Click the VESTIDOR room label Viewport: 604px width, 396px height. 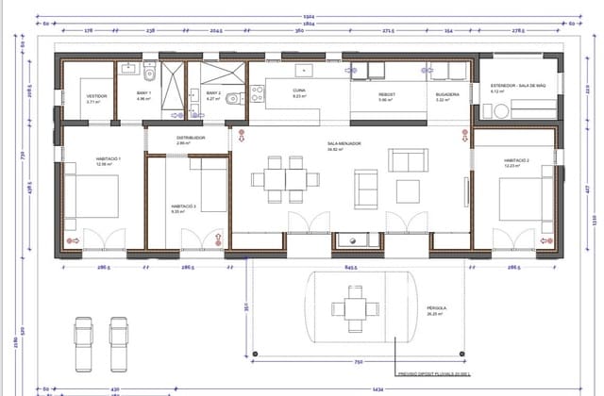96,96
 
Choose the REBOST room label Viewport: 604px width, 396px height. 387,95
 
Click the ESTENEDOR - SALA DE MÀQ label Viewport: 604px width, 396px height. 516,87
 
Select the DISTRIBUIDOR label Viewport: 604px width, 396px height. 191,139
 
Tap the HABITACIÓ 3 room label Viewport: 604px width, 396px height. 183,206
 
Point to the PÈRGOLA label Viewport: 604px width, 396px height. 436,308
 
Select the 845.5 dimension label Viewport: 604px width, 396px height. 351,267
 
